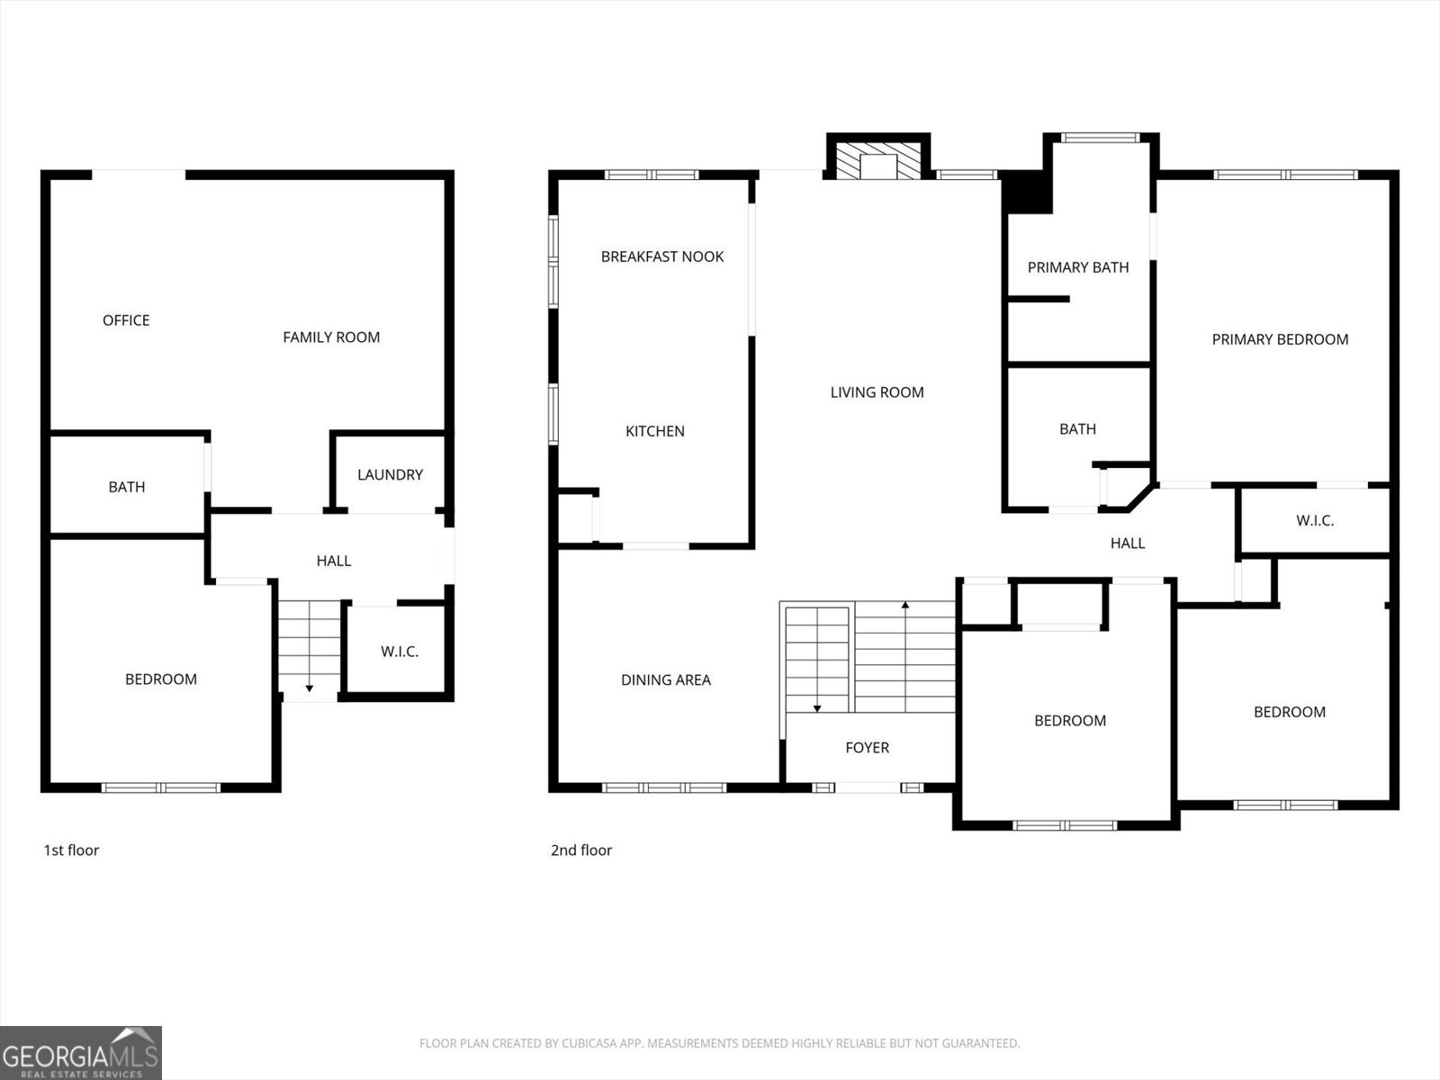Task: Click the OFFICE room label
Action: [126, 320]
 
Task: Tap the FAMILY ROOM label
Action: [331, 337]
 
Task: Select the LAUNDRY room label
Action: [390, 475]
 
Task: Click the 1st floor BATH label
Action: [127, 487]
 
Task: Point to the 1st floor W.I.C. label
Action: [400, 652]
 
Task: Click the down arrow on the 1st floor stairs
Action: [309, 688]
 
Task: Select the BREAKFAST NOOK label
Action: [662, 256]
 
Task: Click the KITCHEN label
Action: [655, 431]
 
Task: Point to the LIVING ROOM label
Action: [877, 392]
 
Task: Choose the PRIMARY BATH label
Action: [1078, 267]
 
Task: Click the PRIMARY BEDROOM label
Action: [1280, 339]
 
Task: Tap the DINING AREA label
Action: [666, 680]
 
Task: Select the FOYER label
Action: [867, 748]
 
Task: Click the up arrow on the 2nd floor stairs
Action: [905, 606]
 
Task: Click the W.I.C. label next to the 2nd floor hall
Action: [1315, 520]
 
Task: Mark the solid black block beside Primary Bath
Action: [1028, 193]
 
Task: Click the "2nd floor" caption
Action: [581, 850]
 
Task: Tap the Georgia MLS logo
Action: [81, 1053]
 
